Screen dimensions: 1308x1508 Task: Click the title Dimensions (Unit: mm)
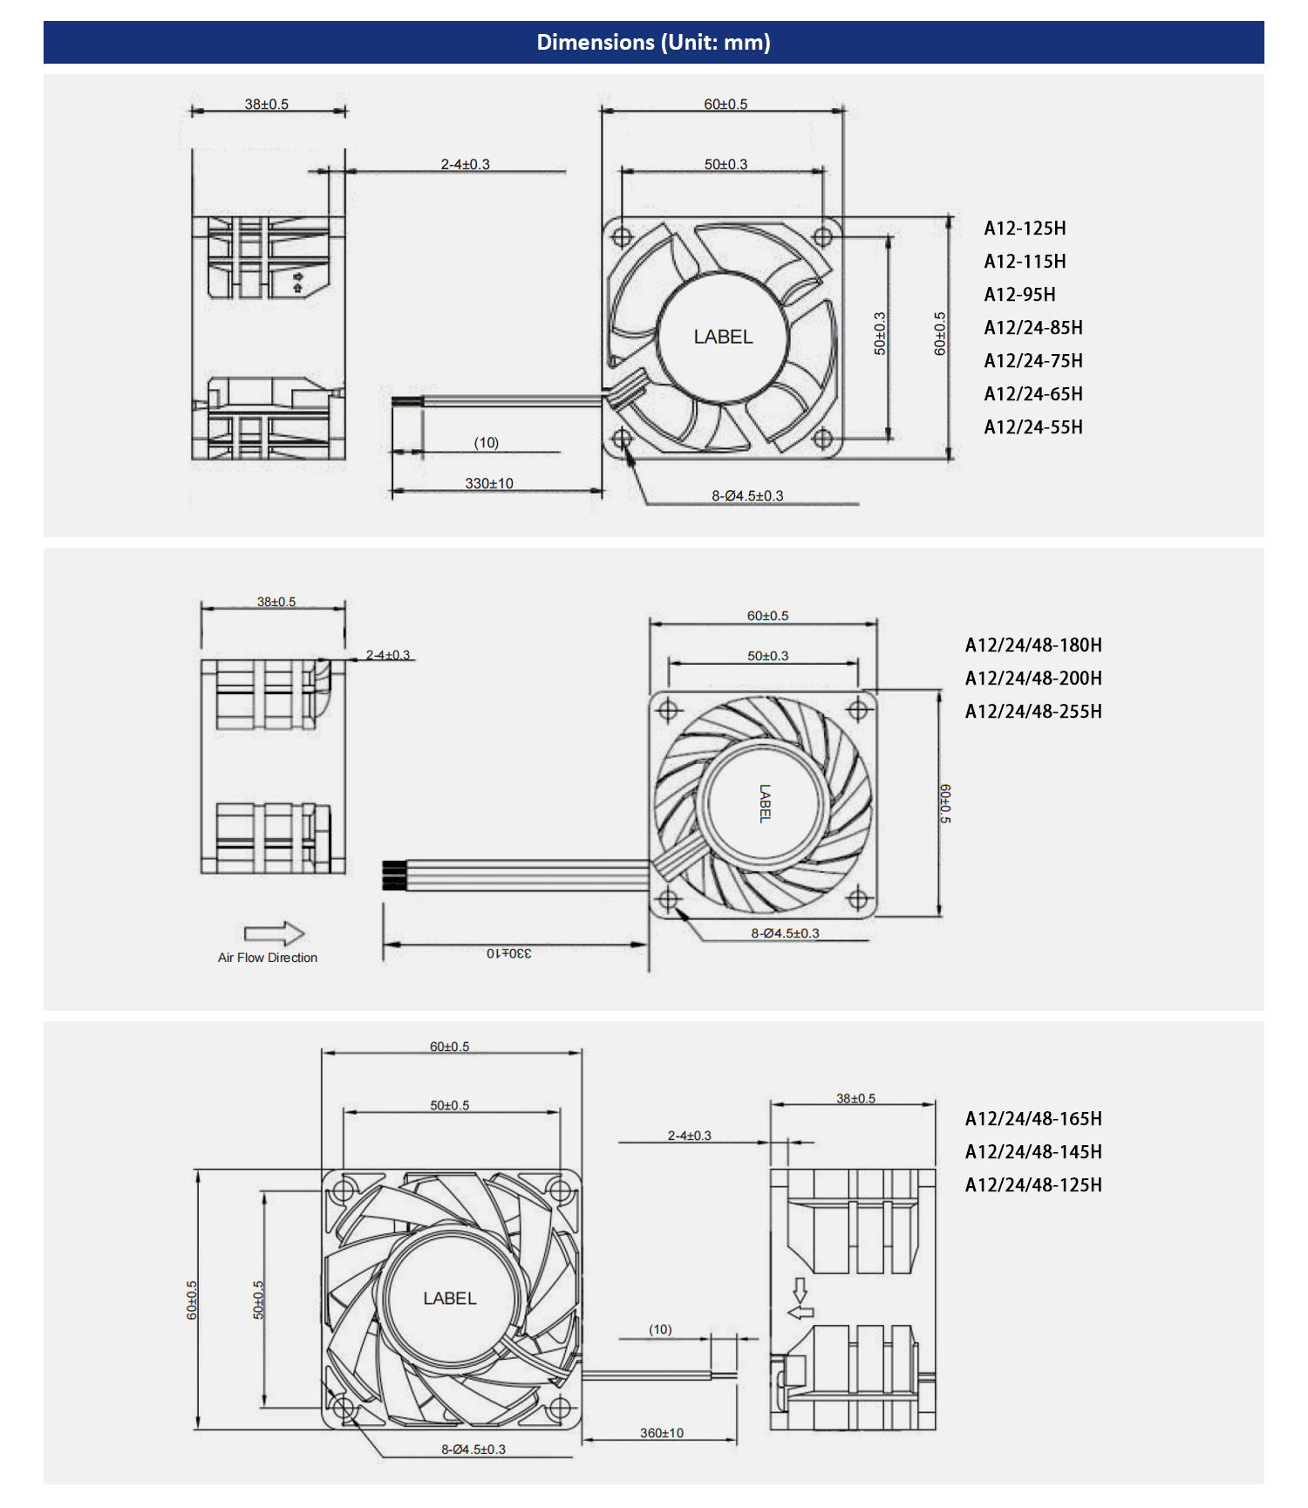[x=653, y=42]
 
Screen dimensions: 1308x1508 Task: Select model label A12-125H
[x=1025, y=229]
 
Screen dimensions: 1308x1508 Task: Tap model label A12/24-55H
[x=1033, y=427]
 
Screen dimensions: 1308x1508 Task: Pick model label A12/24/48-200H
[x=1033, y=679]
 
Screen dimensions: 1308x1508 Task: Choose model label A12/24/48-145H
[x=1033, y=1152]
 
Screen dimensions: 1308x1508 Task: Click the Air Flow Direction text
[x=268, y=958]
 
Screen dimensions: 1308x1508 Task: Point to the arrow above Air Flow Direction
[x=275, y=934]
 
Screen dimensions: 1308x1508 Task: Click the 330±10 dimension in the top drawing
[x=489, y=483]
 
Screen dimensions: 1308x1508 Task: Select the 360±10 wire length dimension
[x=662, y=1433]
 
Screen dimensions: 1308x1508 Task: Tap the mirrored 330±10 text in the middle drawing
[x=509, y=953]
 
